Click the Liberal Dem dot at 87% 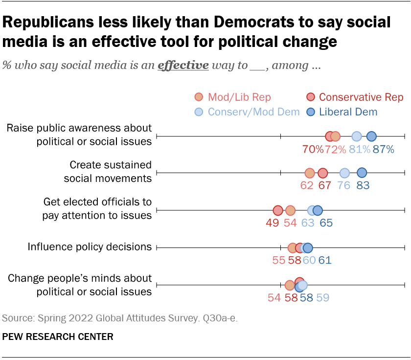tap(371, 136)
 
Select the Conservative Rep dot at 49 tap(278, 210)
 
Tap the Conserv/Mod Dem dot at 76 tap(344, 173)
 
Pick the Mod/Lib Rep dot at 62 tap(309, 173)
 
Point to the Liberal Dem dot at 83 tap(362, 172)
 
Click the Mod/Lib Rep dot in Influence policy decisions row tap(293, 247)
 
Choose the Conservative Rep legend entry tap(355, 97)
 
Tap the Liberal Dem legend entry tap(342, 112)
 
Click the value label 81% tap(359, 149)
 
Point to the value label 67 tap(325, 186)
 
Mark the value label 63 tap(307, 223)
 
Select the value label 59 tap(323, 297)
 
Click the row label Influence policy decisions tap(90, 247)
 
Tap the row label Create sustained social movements tap(108, 171)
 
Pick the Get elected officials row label tap(97, 208)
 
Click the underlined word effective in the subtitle tap(183, 66)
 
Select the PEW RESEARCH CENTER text tap(58, 337)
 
